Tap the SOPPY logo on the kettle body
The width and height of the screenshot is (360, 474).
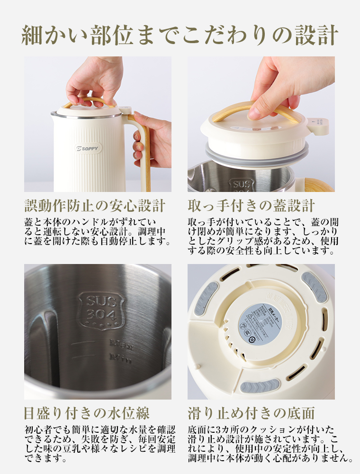[88, 148]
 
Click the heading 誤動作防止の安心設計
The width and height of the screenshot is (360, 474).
[95, 206]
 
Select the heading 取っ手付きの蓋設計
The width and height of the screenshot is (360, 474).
[251, 206]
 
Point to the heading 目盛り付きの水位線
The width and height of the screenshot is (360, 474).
[87, 412]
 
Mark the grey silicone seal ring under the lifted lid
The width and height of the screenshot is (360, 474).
[256, 155]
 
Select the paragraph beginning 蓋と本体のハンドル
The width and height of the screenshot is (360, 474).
[97, 232]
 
